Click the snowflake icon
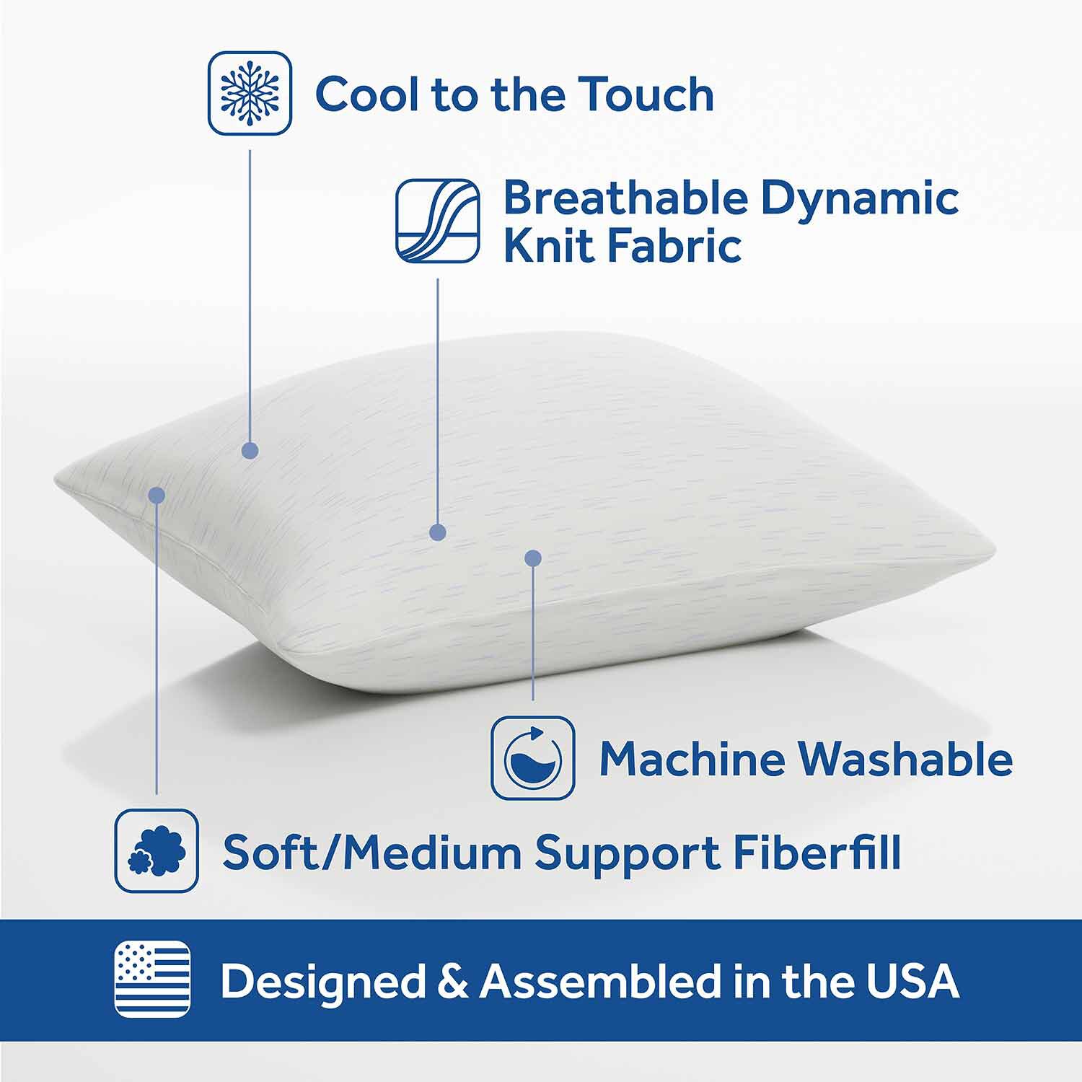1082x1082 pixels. [x=250, y=92]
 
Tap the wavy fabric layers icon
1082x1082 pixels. [x=437, y=221]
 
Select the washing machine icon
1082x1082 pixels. [x=533, y=758]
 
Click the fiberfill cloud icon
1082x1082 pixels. [x=157, y=850]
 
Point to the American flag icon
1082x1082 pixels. [x=153, y=979]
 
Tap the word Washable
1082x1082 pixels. [x=905, y=759]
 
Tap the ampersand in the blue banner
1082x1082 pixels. [x=453, y=982]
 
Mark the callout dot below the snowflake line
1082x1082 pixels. [x=250, y=451]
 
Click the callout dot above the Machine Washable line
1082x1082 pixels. [x=533, y=558]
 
